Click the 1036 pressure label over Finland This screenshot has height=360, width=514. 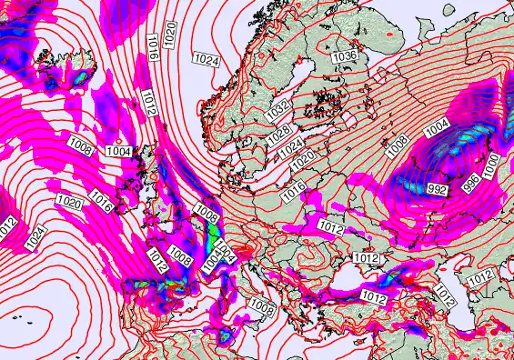(344, 56)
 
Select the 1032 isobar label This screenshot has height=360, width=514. (279, 110)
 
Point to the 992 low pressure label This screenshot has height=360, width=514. (437, 189)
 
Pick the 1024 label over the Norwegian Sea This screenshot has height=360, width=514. (207, 59)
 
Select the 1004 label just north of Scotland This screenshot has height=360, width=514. (118, 151)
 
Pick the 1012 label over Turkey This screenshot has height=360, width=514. (373, 297)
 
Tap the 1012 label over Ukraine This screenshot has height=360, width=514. (330, 225)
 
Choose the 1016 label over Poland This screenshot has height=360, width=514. (294, 191)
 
